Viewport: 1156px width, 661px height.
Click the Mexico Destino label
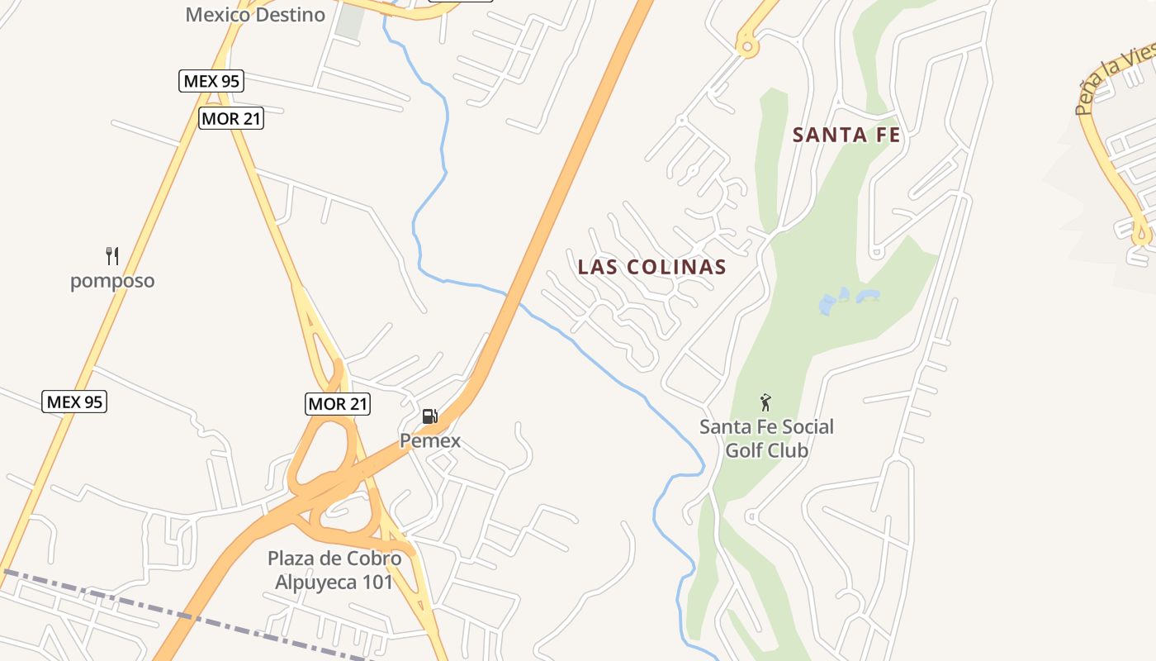click(255, 14)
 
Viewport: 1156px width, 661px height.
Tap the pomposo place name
click(112, 281)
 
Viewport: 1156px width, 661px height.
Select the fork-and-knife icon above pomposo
click(112, 255)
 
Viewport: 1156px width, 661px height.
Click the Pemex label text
click(430, 441)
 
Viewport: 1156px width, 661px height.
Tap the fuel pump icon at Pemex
click(429, 416)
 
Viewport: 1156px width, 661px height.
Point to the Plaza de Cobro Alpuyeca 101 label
click(334, 570)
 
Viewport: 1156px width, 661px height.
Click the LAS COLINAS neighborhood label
click(652, 267)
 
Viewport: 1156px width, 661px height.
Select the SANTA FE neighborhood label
click(846, 135)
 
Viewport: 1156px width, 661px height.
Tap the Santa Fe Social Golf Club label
click(766, 439)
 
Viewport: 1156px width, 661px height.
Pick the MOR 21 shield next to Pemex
click(338, 404)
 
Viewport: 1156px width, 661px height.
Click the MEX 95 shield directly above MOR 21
click(212, 81)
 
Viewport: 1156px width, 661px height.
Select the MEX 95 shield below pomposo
click(74, 402)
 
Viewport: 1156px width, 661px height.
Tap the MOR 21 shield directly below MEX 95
click(231, 119)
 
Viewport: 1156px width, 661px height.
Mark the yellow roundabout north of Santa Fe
click(748, 46)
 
